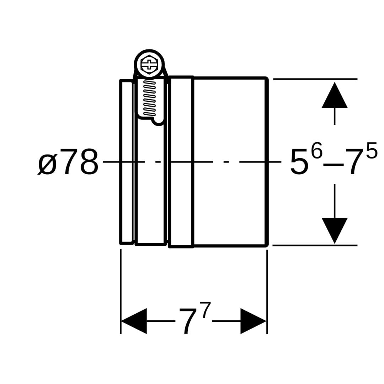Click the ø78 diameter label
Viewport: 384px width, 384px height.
point(68,162)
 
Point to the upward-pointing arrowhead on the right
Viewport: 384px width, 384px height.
point(335,95)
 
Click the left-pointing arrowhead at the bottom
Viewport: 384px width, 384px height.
point(134,321)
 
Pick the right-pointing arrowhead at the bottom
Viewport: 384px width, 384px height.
point(253,321)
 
